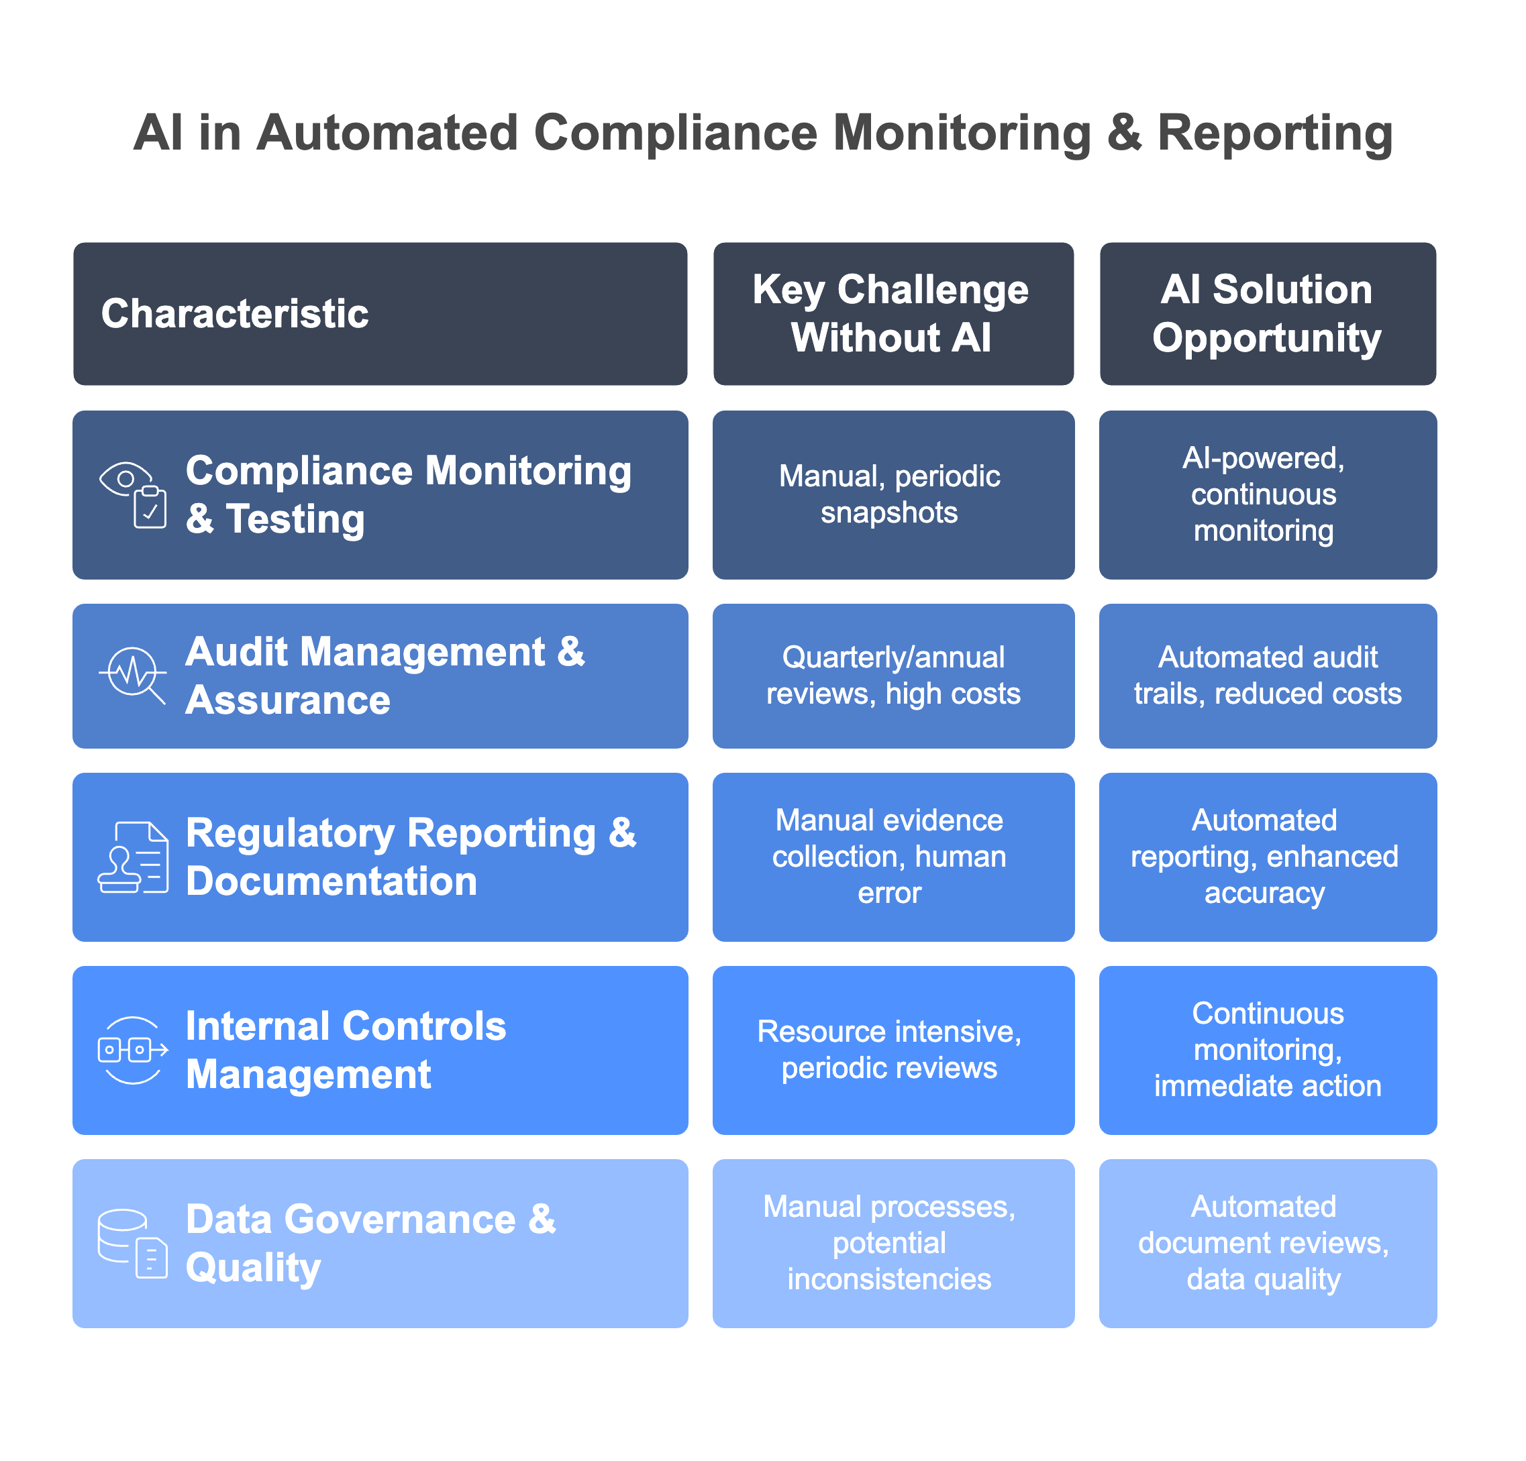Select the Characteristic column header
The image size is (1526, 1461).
click(380, 314)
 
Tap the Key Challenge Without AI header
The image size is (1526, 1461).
click(893, 314)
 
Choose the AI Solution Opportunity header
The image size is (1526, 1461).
click(1268, 314)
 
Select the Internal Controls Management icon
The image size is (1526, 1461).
click(133, 1050)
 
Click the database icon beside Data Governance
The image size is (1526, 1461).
click(133, 1243)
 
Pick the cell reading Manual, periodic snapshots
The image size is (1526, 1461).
click(893, 495)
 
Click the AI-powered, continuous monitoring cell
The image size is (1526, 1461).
click(1268, 495)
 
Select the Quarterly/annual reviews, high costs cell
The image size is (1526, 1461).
click(893, 675)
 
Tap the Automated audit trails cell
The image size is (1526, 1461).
click(1268, 675)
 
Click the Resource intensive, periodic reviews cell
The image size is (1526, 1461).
click(893, 1050)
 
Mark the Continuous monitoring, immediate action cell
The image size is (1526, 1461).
click(1268, 1050)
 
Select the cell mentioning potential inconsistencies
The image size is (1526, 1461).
click(893, 1243)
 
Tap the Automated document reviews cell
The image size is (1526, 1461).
click(1268, 1243)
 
